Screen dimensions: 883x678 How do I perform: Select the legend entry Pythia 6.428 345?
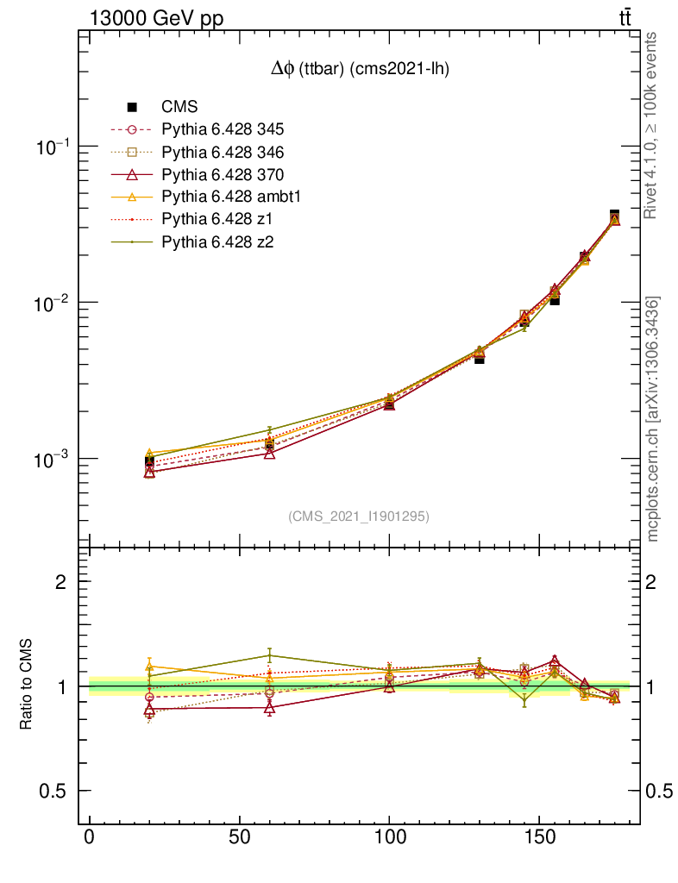(223, 130)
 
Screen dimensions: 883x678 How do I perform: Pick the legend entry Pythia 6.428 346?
(223, 153)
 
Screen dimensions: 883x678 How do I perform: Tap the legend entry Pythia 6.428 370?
(223, 175)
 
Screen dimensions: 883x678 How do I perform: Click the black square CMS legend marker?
(133, 108)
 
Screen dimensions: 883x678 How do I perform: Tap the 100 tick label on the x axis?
(390, 838)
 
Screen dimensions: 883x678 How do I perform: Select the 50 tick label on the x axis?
(240, 838)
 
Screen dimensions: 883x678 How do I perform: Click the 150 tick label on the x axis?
(540, 838)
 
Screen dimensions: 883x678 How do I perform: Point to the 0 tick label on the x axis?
(90, 838)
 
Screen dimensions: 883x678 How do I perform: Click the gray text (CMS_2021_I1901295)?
(359, 517)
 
